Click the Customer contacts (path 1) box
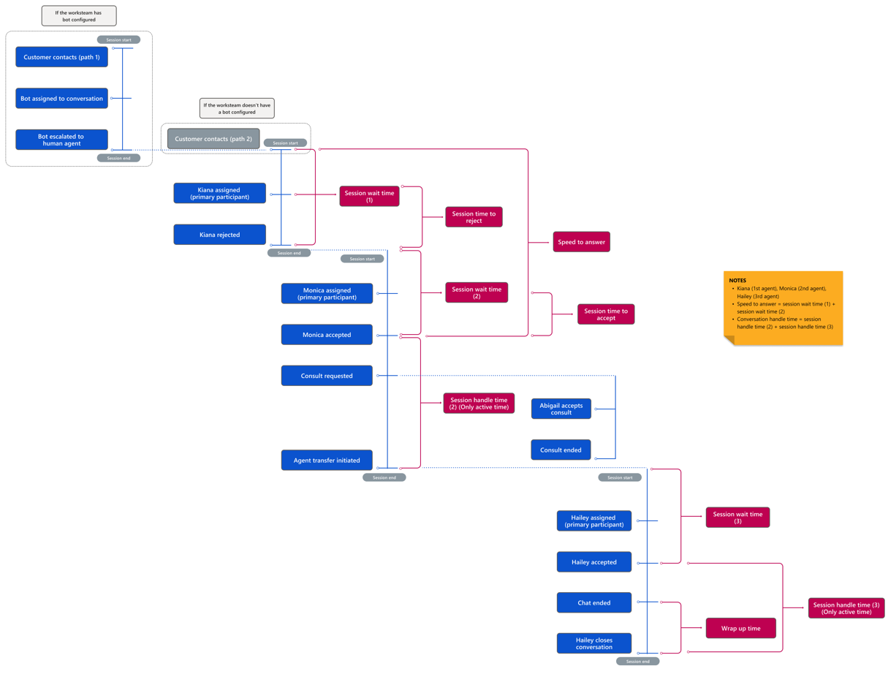61,57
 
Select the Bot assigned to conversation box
61,99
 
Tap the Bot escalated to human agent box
61,140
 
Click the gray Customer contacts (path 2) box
213,139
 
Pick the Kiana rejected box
219,235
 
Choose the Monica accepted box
327,335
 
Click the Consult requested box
327,376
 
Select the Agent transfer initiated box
327,461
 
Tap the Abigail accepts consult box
561,409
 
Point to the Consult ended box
561,450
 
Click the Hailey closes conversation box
593,643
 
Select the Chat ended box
593,603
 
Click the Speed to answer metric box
581,242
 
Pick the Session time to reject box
474,217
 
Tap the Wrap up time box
740,628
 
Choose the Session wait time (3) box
737,518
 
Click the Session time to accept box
606,314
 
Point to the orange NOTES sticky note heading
737,281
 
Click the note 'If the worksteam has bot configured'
79,16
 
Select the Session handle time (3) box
846,608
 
